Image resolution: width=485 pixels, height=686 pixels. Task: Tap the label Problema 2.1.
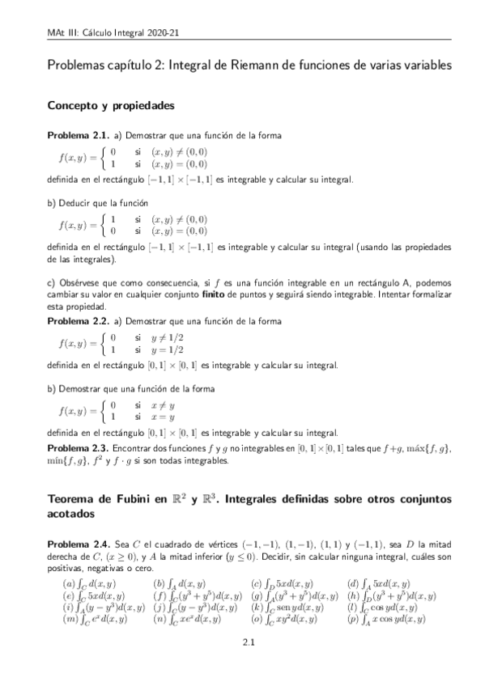[77, 134]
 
